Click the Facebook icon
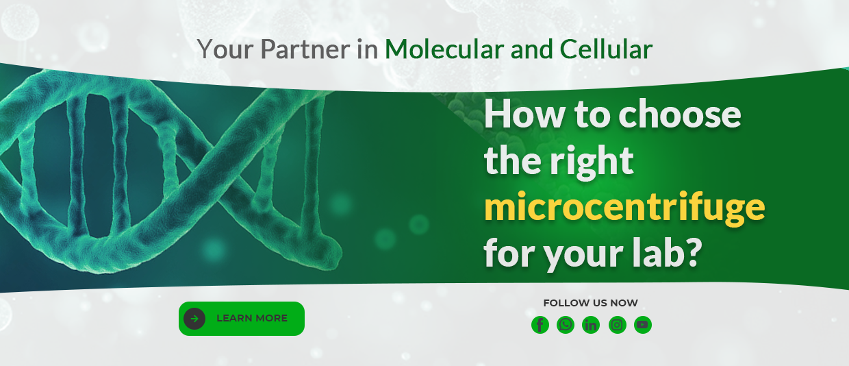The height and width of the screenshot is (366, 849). click(540, 325)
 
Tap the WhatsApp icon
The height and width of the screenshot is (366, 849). click(566, 325)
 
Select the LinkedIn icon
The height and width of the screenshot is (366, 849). click(591, 325)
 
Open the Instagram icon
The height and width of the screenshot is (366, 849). click(618, 325)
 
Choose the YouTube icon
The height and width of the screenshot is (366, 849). click(643, 325)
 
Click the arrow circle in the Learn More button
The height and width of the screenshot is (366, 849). click(194, 319)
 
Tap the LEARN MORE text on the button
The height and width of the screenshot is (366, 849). click(252, 318)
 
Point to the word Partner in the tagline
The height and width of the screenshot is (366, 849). click(305, 49)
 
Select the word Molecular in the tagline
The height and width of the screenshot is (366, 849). click(444, 49)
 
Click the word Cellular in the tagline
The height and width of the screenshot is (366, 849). click(606, 49)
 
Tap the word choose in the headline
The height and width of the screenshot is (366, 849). click(680, 115)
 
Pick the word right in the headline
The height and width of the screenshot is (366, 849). click(592, 162)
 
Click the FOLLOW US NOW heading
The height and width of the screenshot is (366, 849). click(590, 303)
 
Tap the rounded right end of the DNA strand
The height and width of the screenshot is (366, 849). click(331, 252)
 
